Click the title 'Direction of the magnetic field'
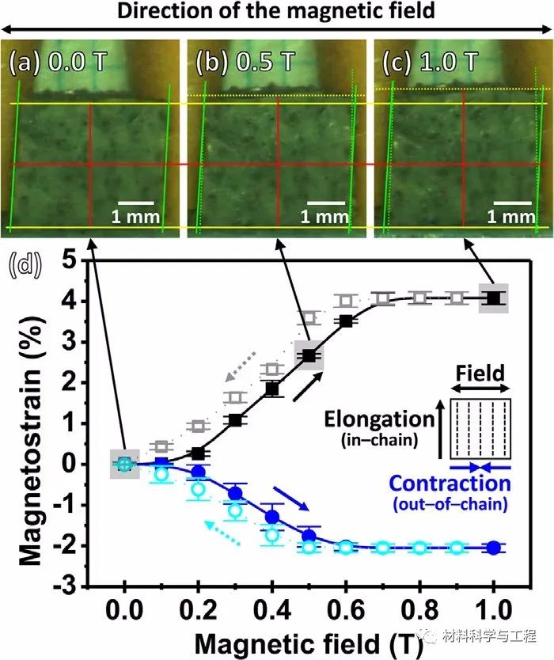pyautogui.click(x=277, y=11)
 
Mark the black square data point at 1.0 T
pyautogui.click(x=494, y=298)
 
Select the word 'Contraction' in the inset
pyautogui.click(x=450, y=483)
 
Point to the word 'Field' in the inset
pyautogui.click(x=481, y=371)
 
